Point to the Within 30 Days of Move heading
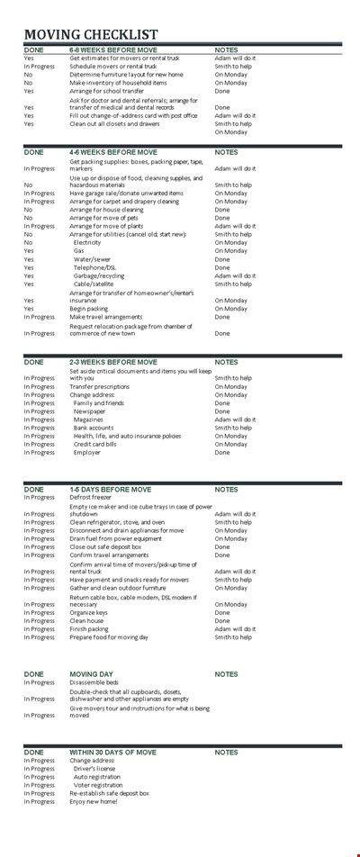(x=112, y=752)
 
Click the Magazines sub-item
(x=88, y=419)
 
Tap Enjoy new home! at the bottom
(x=94, y=801)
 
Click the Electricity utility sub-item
(x=87, y=242)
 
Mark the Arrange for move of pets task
(x=104, y=217)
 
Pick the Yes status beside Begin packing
(x=29, y=308)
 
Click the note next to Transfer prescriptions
(x=231, y=386)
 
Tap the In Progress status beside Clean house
(x=39, y=620)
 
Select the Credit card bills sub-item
(x=95, y=444)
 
